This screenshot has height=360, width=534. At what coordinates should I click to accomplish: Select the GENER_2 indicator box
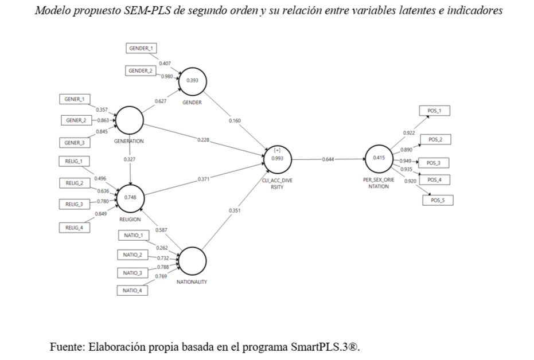[75, 120]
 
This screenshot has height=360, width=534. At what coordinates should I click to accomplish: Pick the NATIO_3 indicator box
[132, 272]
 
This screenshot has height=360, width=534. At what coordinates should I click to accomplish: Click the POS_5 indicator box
[438, 200]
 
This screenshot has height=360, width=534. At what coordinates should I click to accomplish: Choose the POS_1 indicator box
[435, 111]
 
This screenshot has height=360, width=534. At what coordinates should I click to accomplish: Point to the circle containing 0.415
[379, 158]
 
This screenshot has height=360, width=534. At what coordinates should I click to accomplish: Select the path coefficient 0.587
[161, 229]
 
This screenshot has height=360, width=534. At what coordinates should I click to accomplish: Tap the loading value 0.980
[167, 76]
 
